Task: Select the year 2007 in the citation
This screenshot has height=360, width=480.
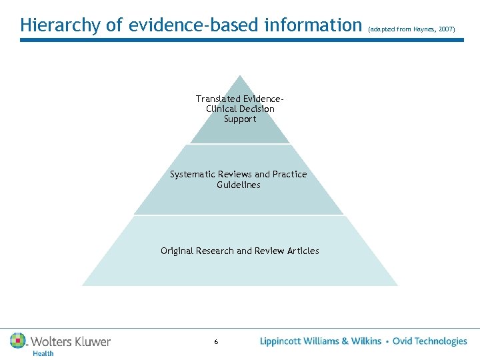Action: [446, 29]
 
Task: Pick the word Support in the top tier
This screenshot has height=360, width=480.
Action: [240, 119]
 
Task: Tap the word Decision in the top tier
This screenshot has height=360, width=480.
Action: [256, 109]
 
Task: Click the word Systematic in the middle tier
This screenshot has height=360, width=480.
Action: [193, 174]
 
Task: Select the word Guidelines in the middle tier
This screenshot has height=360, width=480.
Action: [239, 185]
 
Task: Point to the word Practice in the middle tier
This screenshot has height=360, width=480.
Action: [289, 174]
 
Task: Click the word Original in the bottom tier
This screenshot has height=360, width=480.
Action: [177, 251]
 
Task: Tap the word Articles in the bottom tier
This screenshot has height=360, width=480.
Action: [303, 251]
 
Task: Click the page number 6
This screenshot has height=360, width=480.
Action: [216, 342]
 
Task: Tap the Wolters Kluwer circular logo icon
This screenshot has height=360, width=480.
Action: [18, 341]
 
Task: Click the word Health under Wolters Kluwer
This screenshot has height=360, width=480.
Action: [43, 353]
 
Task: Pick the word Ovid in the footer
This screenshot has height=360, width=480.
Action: [403, 341]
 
